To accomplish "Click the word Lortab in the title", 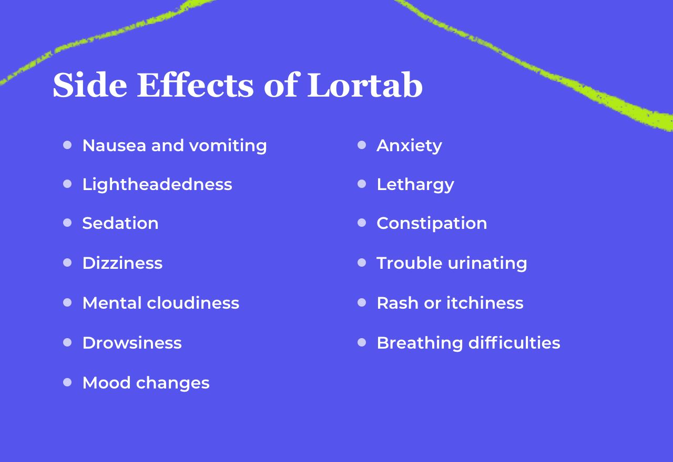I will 364,85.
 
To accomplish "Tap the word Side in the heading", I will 90,85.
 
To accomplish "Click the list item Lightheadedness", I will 157,184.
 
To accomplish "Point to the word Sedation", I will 120,223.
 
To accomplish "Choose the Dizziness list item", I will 123,263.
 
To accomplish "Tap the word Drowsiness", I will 132,343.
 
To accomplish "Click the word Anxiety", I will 409,145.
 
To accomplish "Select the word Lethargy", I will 415,184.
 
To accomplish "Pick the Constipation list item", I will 432,223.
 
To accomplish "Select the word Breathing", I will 420,343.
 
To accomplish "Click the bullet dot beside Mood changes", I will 67,382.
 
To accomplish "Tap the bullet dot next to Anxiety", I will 362,145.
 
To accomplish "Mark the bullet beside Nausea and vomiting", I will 67,145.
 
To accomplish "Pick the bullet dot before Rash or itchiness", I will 362,302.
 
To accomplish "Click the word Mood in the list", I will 107,383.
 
